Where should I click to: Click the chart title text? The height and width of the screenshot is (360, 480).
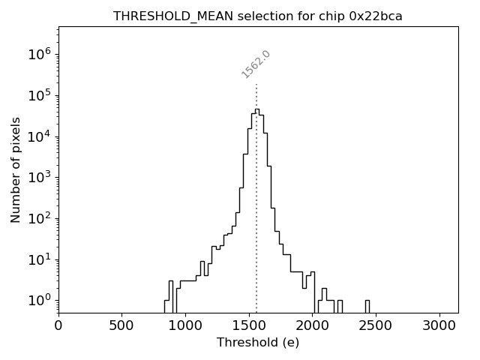(x=258, y=16)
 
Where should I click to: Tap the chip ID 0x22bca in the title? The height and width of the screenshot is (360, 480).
(x=376, y=16)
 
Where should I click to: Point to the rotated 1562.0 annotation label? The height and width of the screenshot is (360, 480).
(x=256, y=64)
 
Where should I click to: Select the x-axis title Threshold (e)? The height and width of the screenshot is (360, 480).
(x=258, y=343)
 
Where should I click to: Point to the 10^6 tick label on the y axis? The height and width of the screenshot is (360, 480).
(x=38, y=54)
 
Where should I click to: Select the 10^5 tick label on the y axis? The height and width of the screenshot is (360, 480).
(x=38, y=95)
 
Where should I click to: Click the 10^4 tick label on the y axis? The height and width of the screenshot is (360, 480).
(x=38, y=136)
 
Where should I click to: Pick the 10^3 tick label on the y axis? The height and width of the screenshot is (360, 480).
(x=38, y=178)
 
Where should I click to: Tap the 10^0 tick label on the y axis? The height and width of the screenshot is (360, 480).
(x=38, y=301)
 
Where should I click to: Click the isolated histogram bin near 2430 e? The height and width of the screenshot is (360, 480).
(x=367, y=306)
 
